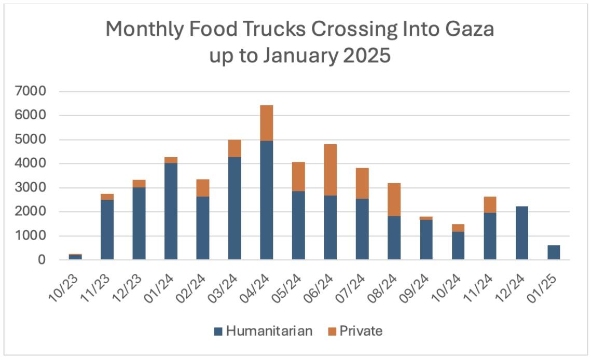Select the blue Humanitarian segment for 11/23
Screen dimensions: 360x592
pos(107,229)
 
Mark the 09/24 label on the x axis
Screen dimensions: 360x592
pos(421,283)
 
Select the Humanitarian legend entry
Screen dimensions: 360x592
pos(263,331)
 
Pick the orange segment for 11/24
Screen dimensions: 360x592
pos(490,204)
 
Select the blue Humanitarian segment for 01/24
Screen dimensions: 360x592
pos(171,211)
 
